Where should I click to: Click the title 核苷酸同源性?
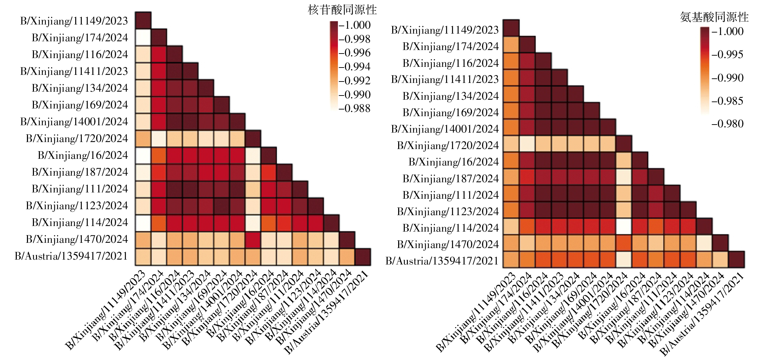342,10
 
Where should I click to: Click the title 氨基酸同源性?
714,17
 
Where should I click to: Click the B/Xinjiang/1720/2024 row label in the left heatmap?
77,139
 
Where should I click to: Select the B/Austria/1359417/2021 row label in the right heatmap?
442,261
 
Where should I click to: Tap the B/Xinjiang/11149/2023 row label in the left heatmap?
74,21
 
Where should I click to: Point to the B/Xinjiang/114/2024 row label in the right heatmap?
451,228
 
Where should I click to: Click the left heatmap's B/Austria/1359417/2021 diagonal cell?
363,256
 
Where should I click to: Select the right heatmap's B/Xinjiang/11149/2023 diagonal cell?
511,28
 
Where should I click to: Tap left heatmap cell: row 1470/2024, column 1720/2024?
253,240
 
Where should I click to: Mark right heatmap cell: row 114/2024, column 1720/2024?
623,227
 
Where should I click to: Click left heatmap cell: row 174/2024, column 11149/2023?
143,37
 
